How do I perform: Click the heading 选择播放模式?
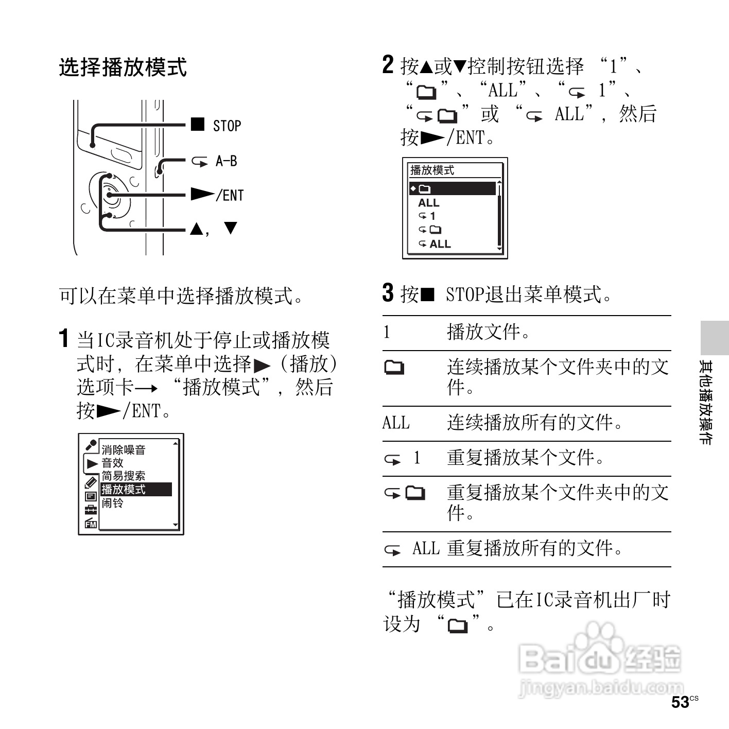(x=123, y=67)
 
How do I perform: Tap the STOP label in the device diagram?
(x=227, y=126)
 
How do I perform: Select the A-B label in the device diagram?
(x=226, y=161)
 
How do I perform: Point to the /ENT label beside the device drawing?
(x=230, y=196)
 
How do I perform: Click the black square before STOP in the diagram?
(x=197, y=125)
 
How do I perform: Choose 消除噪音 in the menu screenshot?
(x=123, y=449)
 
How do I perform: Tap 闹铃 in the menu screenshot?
(x=112, y=502)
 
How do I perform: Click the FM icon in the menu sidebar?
(x=91, y=523)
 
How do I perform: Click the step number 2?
(x=388, y=65)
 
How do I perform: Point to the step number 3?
(x=388, y=293)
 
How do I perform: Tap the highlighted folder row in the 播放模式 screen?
(x=453, y=189)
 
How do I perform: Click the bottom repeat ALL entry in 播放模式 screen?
(x=435, y=244)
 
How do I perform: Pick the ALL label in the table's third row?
(x=396, y=423)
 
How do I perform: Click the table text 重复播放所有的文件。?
(x=535, y=548)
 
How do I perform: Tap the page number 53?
(x=681, y=702)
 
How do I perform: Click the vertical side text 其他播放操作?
(x=705, y=402)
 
